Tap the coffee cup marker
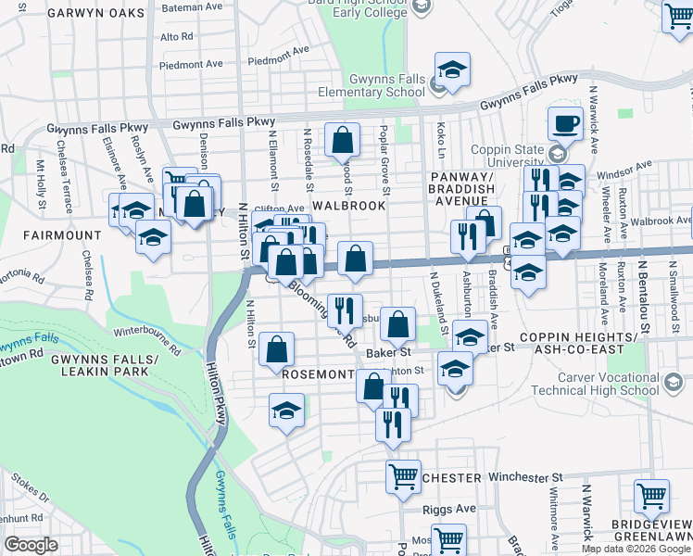565,123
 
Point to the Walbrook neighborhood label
348,205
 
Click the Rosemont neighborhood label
319,374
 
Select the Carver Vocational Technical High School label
608,385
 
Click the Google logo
31,544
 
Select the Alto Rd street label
176,37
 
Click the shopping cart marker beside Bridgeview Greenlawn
651,496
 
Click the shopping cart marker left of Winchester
403,476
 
